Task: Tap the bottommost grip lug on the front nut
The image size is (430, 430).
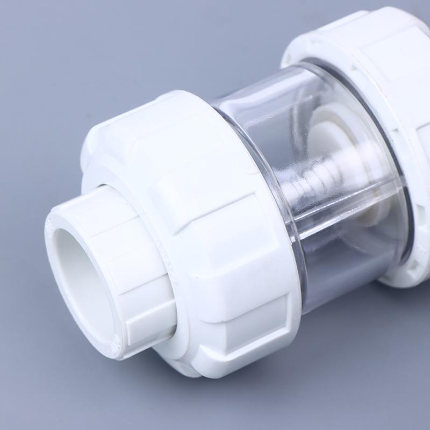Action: (x=226, y=349)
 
